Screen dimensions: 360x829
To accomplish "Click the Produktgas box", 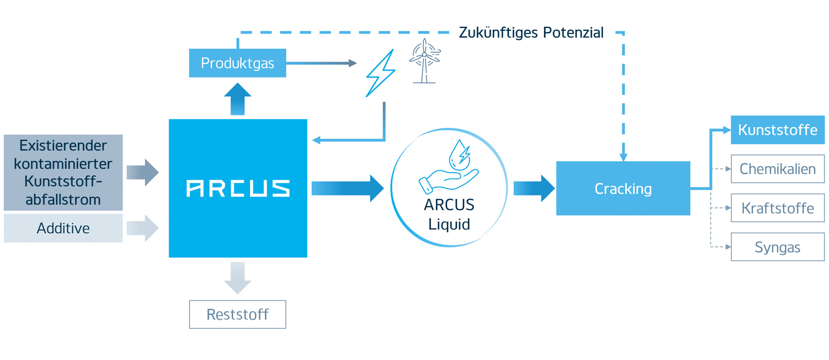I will [x=237, y=63].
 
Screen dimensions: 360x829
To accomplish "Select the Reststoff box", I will [x=237, y=314].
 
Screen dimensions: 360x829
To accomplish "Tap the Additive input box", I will [x=63, y=228].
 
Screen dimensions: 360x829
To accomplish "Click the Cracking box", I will [x=623, y=188].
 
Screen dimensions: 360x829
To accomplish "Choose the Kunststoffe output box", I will [x=777, y=130].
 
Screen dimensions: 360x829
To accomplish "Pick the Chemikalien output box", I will [x=777, y=169].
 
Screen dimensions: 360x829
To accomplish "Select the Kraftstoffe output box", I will [x=777, y=208].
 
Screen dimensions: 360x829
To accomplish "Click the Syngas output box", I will [x=777, y=247].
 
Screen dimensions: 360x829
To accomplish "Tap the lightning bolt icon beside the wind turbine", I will [x=380, y=73].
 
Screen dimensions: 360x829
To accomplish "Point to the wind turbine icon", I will [x=425, y=61].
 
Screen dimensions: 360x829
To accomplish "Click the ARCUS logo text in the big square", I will [x=238, y=188].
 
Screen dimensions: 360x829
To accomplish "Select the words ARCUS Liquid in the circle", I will [x=449, y=214].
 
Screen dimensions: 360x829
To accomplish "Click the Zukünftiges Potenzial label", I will [x=531, y=33].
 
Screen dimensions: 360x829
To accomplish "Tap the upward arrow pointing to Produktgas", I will [x=237, y=99].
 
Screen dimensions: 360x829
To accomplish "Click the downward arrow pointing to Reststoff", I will [x=237, y=278].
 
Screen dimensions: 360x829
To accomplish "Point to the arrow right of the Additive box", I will [x=143, y=228].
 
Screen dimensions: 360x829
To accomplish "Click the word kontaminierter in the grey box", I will [x=63, y=163].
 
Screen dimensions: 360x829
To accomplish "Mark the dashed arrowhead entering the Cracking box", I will [x=623, y=157].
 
